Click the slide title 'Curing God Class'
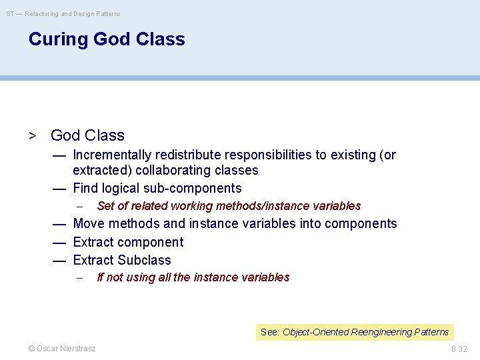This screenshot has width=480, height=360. pyautogui.click(x=107, y=39)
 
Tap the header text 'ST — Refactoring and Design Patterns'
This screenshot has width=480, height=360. pyautogui.click(x=64, y=13)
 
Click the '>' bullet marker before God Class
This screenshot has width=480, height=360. pyautogui.click(x=31, y=136)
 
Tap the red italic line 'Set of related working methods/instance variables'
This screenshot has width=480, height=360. pyautogui.click(x=229, y=206)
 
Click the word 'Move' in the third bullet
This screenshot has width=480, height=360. pyautogui.click(x=89, y=224)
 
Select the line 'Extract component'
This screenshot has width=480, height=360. pyautogui.click(x=128, y=242)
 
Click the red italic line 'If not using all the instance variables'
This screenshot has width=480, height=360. pyautogui.click(x=193, y=277)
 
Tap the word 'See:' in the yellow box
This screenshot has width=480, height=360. pyautogui.click(x=270, y=332)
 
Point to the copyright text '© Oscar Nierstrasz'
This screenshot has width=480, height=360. pyautogui.click(x=61, y=349)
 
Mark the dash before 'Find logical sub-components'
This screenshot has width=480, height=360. pyautogui.click(x=59, y=189)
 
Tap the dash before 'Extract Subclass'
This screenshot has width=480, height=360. pyautogui.click(x=59, y=260)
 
